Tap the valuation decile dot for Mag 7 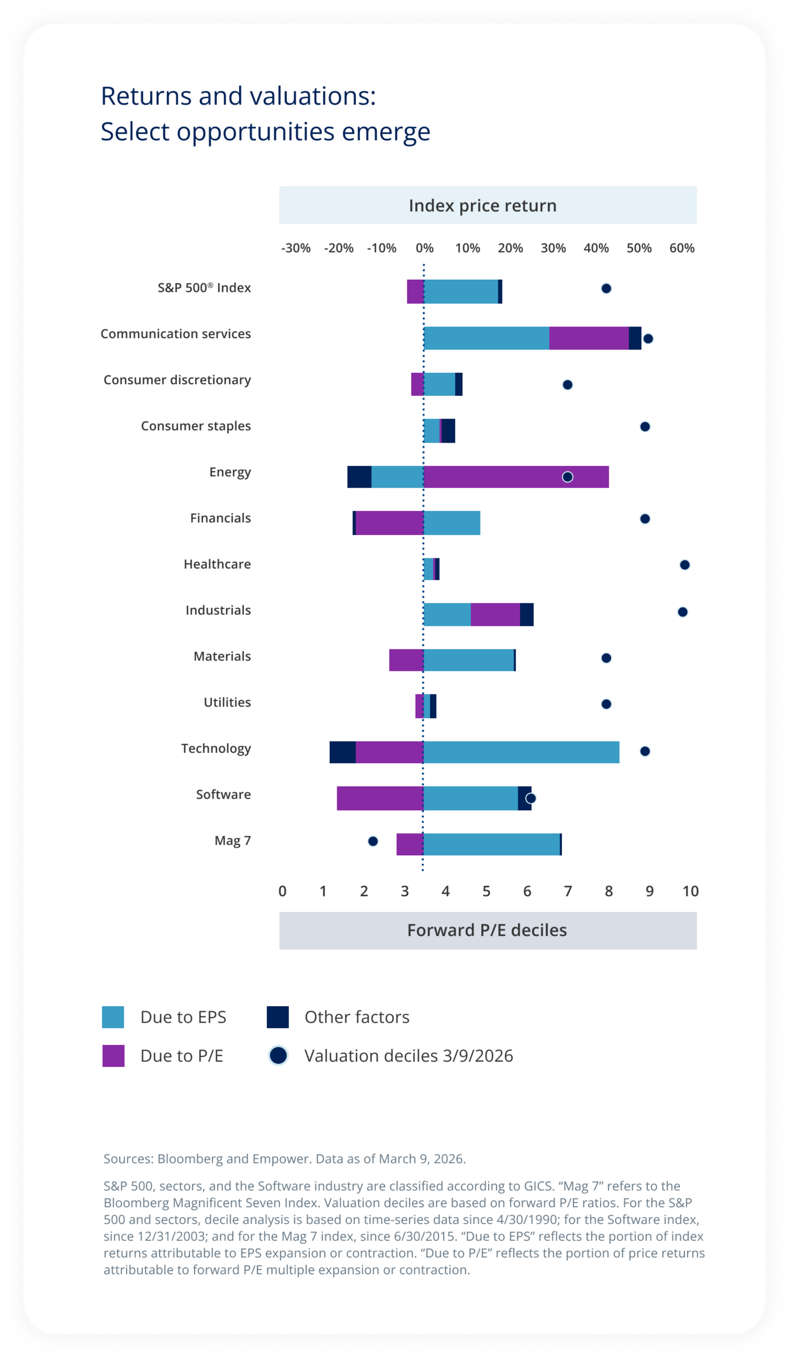pos(373,841)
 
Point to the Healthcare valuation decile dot pos(684,565)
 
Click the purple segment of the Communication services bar pos(589,338)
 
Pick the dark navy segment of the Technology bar pos(343,752)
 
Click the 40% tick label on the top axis pos(596,248)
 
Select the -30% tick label pos(296,248)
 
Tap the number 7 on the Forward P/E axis pos(568,891)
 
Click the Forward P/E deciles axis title pos(487,930)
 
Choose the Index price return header pos(482,205)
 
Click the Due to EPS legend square pos(113,1016)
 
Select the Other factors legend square pos(278,1016)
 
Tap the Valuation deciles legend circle pos(278,1055)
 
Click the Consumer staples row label pos(196,426)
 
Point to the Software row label pos(224,795)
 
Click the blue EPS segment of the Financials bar pos(452,523)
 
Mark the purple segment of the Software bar pos(380,798)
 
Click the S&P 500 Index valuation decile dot pos(606,288)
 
